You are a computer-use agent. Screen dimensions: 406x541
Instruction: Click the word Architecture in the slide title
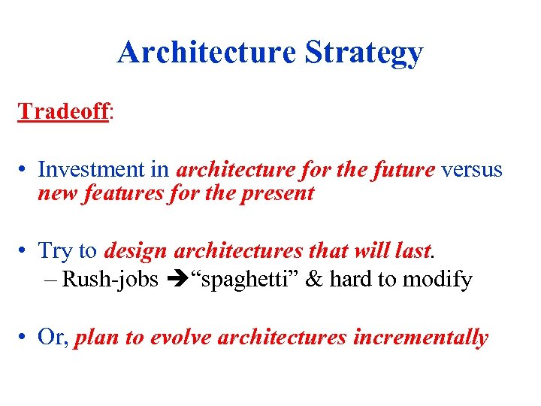point(207,53)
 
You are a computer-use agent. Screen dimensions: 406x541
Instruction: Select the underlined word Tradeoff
point(64,111)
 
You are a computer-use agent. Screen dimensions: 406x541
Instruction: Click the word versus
point(471,170)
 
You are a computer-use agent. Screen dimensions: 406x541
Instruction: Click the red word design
point(136,251)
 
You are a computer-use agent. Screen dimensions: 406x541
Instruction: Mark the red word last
point(414,250)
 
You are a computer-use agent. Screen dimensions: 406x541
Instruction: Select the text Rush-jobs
point(110,280)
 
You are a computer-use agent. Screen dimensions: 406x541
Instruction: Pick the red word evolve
point(181,338)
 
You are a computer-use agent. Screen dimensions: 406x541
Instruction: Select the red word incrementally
point(420,338)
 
